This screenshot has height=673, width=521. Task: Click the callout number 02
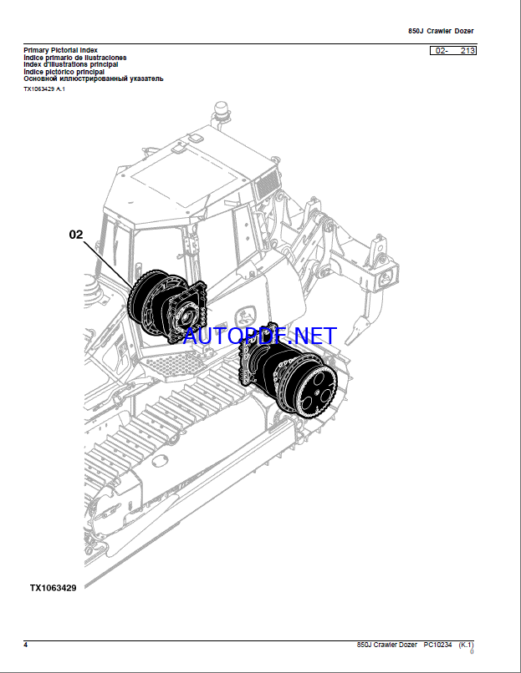coord(76,235)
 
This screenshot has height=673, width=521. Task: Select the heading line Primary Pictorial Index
coord(60,50)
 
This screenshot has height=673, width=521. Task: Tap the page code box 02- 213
coord(453,51)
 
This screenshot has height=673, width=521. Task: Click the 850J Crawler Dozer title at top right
coord(441,31)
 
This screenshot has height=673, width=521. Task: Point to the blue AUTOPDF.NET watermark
coord(260,336)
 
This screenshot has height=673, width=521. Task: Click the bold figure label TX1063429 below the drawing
coord(53,588)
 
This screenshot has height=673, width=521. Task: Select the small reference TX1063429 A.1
coord(44,89)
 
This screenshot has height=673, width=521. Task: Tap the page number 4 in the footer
coord(26,645)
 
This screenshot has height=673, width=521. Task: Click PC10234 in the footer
coord(437,645)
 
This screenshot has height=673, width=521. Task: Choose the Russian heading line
coord(94,79)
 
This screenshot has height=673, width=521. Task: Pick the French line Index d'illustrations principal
coord(71,64)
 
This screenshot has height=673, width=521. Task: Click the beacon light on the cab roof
coord(221,109)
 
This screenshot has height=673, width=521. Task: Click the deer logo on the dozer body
coord(244,317)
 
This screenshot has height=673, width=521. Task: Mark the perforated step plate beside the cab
coord(174,364)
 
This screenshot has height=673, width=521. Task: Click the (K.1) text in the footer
coord(466,645)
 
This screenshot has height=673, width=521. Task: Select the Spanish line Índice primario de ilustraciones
coord(75,58)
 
